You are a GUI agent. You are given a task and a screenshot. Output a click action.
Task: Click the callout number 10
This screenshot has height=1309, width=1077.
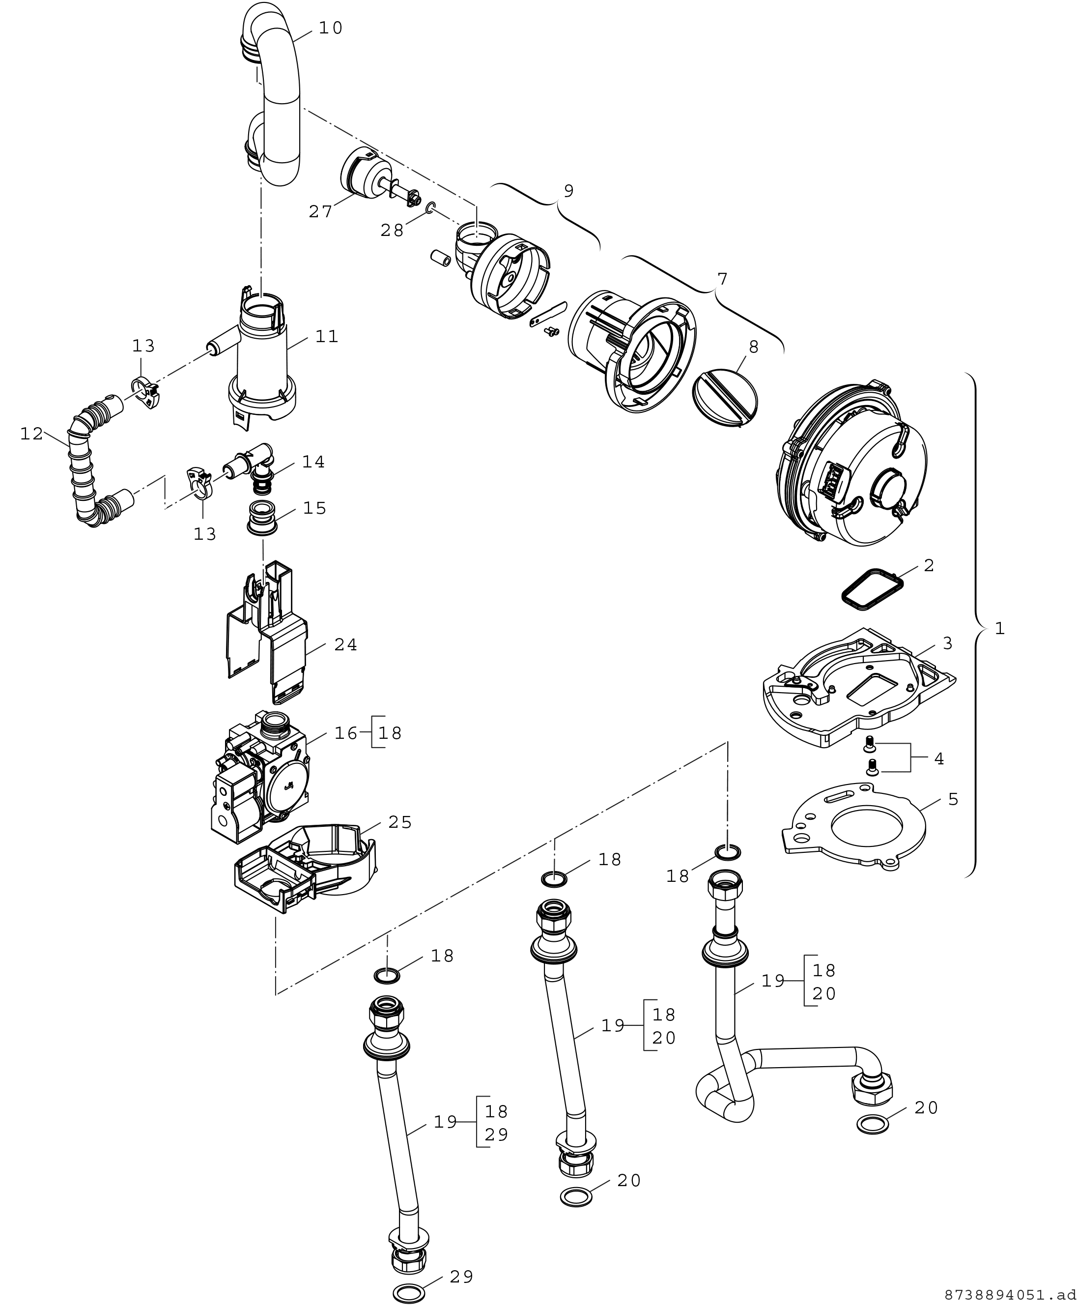(331, 28)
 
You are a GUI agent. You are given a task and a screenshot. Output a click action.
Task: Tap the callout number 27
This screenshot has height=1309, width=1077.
(321, 212)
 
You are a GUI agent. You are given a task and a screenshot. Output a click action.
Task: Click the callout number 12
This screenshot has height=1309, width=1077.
(31, 434)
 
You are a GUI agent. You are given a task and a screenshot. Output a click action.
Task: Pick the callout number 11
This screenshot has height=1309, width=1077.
(326, 336)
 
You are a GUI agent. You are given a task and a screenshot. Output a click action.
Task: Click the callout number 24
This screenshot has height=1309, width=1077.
(345, 645)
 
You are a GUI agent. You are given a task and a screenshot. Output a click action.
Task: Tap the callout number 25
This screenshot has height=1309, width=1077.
(399, 822)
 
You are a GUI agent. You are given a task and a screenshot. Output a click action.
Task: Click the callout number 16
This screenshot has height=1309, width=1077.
(346, 733)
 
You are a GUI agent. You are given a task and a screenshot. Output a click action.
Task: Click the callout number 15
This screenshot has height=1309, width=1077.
(314, 508)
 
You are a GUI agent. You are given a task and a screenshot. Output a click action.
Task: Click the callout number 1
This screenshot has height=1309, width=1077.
(999, 628)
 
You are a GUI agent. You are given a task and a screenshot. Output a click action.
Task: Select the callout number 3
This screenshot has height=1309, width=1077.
(947, 643)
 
